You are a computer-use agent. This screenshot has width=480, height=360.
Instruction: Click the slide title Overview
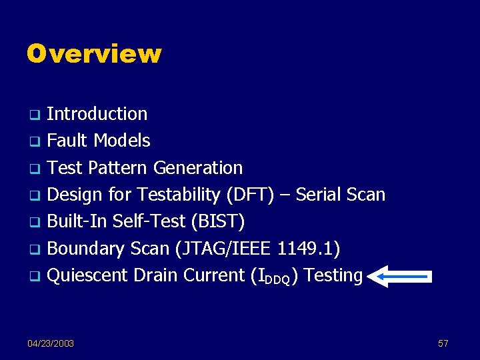pos(94,54)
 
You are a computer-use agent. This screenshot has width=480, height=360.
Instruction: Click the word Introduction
pos(97,114)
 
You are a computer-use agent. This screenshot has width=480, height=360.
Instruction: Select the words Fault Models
pos(99,141)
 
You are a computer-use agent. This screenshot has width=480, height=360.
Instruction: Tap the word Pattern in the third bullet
pos(117,168)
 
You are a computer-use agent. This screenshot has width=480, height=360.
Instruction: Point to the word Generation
pos(198,168)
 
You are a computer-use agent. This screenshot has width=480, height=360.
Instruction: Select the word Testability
pos(180,195)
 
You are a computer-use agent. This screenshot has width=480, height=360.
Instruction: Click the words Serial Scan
pos(340,195)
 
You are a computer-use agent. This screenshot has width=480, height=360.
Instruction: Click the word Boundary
pos(85,249)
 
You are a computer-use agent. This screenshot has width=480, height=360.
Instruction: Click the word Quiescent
pos(89,275)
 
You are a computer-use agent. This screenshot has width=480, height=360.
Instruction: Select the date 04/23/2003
pos(51,343)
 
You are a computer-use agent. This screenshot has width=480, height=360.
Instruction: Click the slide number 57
pos(443,343)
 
